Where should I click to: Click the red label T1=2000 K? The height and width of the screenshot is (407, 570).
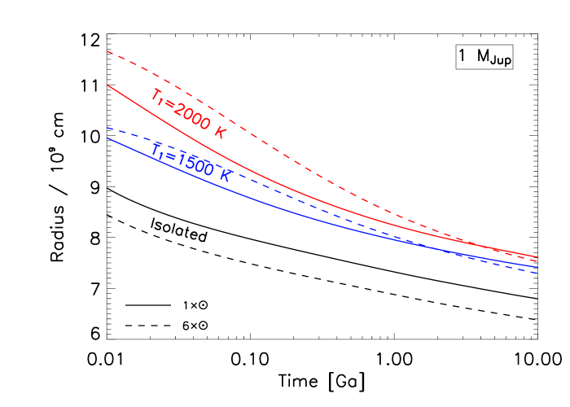coord(188,113)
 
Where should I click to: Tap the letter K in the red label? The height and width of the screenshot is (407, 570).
coord(219,133)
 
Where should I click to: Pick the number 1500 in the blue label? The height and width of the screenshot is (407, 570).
coord(194,163)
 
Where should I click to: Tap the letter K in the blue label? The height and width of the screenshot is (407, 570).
coord(225,174)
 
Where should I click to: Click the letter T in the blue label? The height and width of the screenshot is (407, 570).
coord(156,149)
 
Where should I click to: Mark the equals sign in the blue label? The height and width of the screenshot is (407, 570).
coord(169,155)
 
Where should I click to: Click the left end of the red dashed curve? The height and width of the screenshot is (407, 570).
coord(107,51)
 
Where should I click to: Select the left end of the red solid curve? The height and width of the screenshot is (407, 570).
coord(107,85)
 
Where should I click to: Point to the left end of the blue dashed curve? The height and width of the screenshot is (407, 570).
coord(107,128)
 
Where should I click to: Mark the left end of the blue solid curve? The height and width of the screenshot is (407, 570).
coord(107,138)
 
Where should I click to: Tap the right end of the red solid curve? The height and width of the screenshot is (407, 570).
coord(537,257)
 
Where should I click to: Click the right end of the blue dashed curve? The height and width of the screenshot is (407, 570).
coord(537,274)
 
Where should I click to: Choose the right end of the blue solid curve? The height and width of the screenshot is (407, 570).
coord(537,266)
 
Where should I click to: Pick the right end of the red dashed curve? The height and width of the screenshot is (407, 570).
coord(537,260)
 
